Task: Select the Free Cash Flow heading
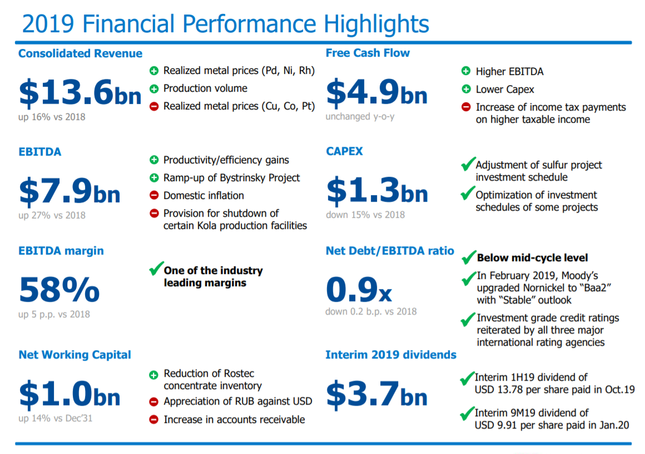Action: coord(368,53)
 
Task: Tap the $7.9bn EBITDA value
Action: coord(70,190)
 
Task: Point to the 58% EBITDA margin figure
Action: coord(59,290)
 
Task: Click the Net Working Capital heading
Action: coord(75,355)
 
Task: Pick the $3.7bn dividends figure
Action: coord(376,393)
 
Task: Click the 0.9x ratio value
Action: coord(359,290)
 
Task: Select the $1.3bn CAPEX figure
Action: coord(377,190)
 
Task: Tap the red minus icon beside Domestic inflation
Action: coord(154,196)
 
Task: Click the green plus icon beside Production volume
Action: coord(154,88)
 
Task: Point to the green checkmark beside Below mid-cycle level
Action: coord(468,258)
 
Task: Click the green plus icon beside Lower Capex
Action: coord(466,89)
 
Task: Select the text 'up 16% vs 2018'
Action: coord(52,117)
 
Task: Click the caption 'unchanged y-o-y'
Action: coord(360,117)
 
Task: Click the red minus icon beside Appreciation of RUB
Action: coord(154,401)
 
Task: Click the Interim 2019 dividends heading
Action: coord(391,355)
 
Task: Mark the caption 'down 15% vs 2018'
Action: coord(365,214)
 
